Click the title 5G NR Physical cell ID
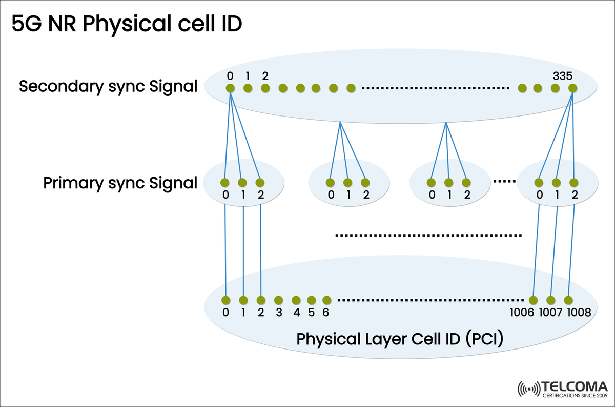(127, 24)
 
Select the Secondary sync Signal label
(108, 86)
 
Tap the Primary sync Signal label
(120, 183)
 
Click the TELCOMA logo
(562, 389)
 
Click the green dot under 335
(572, 88)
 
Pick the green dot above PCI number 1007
(551, 300)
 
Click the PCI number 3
(278, 313)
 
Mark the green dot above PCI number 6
(326, 300)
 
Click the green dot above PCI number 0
(225, 300)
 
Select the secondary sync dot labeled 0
(230, 88)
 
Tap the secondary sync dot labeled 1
(248, 88)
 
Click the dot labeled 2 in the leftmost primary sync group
(260, 182)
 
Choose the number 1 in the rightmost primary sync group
(557, 195)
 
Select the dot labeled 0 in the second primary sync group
(331, 182)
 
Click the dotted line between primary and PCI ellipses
(428, 236)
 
